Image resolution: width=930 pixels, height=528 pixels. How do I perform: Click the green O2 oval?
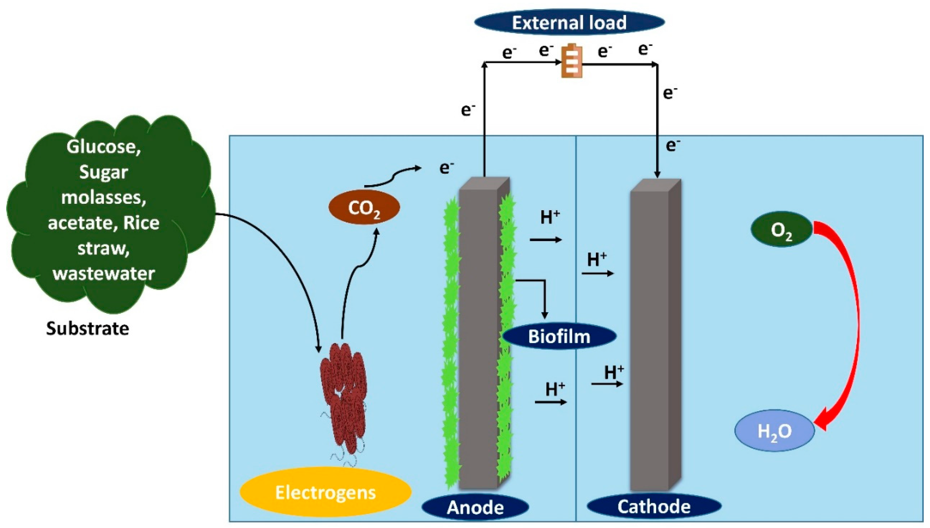pos(782,230)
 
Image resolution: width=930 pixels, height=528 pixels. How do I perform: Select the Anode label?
pos(475,507)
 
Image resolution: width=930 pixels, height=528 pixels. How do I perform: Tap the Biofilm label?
pos(559,336)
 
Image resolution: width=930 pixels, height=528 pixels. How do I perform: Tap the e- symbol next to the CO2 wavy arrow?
pos(446,168)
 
